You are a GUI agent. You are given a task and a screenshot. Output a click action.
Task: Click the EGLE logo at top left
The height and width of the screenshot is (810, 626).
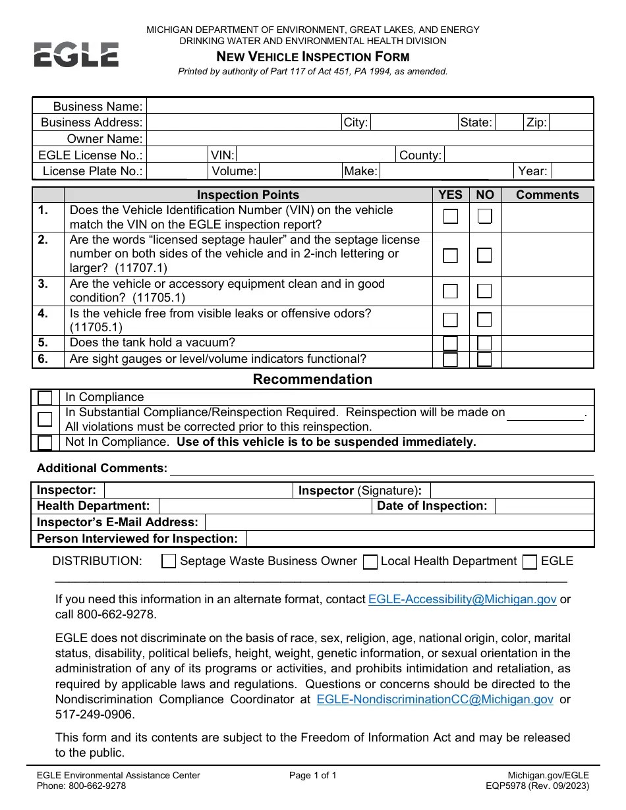pyautogui.click(x=76, y=54)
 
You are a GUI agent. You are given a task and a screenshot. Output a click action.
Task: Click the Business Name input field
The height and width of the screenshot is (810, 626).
pyautogui.click(x=369, y=107)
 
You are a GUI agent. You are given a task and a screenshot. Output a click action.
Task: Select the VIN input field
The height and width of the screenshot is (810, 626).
pyautogui.click(x=315, y=155)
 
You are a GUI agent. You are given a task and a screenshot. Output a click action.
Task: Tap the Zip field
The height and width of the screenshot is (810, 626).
pyautogui.click(x=571, y=122)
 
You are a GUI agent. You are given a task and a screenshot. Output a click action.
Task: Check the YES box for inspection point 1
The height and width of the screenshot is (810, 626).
pyautogui.click(x=451, y=217)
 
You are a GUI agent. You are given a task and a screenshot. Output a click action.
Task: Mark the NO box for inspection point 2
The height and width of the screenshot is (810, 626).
pyautogui.click(x=484, y=256)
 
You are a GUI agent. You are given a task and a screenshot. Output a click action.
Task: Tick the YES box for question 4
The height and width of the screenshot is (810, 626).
pyautogui.click(x=451, y=320)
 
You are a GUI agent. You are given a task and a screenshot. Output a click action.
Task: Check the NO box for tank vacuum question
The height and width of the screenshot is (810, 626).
pyautogui.click(x=484, y=343)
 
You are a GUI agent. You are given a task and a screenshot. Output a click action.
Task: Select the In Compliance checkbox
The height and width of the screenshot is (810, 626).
pyautogui.click(x=45, y=398)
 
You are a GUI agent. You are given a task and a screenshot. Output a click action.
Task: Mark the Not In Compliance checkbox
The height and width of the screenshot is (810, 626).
pyautogui.click(x=45, y=443)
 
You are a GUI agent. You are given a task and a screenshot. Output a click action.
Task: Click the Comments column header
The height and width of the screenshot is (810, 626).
pyautogui.click(x=547, y=195)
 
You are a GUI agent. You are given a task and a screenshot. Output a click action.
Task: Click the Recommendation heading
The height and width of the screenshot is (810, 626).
pyautogui.click(x=312, y=379)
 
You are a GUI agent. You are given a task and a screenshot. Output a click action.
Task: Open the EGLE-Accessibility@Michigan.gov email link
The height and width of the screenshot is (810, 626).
pyautogui.click(x=463, y=599)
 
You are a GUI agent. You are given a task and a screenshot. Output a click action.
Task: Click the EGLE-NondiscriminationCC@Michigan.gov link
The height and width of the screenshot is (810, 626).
pyautogui.click(x=435, y=699)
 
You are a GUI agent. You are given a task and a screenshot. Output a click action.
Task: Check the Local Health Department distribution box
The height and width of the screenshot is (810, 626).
pyautogui.click(x=370, y=562)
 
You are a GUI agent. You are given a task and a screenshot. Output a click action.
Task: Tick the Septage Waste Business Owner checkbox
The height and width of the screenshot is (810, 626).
pyautogui.click(x=169, y=562)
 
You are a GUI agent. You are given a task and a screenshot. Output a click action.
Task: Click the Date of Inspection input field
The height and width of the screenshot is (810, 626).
pyautogui.click(x=544, y=506)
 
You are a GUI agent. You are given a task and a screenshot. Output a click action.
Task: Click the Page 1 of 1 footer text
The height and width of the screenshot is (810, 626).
pyautogui.click(x=312, y=776)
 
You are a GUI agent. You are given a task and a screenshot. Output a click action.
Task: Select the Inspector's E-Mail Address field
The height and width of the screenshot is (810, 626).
pyautogui.click(x=399, y=522)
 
